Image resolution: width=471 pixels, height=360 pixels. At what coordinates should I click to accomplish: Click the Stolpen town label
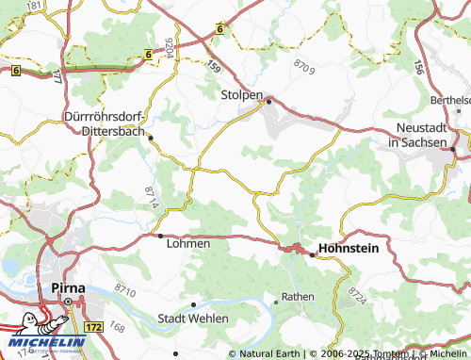(x=241, y=96)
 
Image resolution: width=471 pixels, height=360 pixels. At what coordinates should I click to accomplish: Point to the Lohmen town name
(x=187, y=242)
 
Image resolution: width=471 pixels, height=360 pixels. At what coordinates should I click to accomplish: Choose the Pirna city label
(x=64, y=287)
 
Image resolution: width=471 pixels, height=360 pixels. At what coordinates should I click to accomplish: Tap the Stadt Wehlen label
(x=193, y=319)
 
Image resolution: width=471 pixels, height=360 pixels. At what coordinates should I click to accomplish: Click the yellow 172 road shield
(x=93, y=326)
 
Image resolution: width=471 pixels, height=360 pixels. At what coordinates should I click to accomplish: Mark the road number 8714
(x=153, y=199)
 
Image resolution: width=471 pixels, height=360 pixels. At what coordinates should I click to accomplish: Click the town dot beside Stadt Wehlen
(x=194, y=304)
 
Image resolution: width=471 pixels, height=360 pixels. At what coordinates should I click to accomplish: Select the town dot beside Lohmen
(x=160, y=235)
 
